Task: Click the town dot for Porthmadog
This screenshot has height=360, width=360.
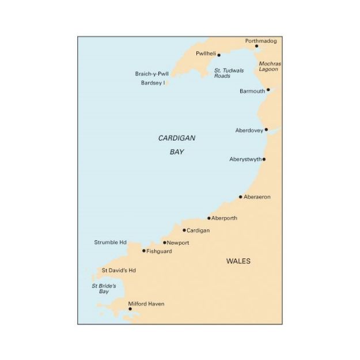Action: (256, 47)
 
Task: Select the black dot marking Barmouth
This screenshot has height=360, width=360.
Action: (268, 90)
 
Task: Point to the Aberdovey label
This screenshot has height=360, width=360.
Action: (249, 130)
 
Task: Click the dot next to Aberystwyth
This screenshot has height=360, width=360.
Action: (264, 159)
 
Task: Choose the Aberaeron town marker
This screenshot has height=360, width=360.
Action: (241, 197)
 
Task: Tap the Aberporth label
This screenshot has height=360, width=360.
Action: (224, 218)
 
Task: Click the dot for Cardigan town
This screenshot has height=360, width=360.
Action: (184, 230)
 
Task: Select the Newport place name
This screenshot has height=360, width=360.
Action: (177, 243)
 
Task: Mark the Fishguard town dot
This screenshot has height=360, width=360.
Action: (144, 251)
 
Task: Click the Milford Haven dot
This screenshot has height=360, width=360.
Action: (130, 309)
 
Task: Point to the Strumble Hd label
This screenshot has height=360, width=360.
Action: (110, 242)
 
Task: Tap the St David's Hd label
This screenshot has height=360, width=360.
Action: (118, 270)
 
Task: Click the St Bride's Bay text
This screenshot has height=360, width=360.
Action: (104, 289)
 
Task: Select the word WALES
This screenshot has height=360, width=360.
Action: (238, 261)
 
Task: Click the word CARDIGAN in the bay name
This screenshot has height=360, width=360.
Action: (177, 138)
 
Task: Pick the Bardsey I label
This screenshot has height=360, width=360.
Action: (153, 83)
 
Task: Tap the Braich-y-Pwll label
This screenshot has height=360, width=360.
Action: (152, 74)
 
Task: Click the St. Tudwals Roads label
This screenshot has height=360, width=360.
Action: (229, 73)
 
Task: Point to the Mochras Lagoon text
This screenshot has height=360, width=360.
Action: (268, 66)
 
